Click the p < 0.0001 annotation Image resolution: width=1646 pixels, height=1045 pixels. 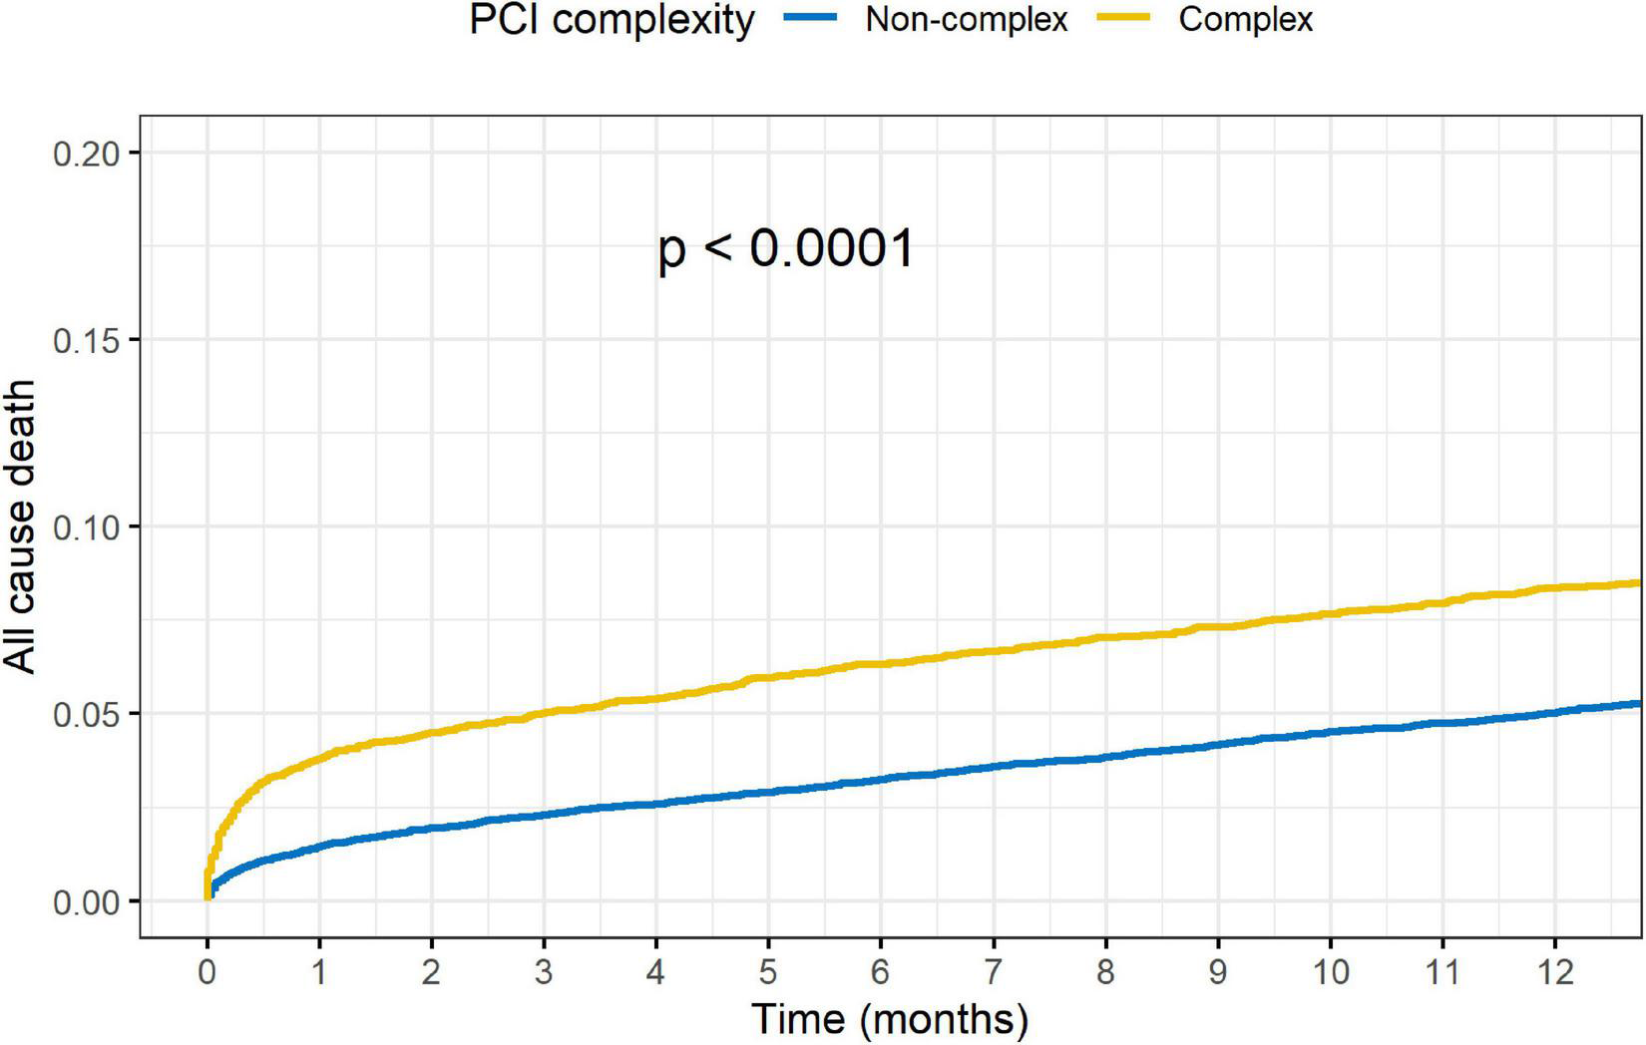click(x=786, y=249)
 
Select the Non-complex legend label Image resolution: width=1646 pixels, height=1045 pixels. click(x=966, y=20)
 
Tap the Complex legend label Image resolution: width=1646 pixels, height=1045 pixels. click(x=1245, y=20)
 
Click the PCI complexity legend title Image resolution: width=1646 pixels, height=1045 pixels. click(x=612, y=20)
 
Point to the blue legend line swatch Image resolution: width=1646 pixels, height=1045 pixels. click(x=810, y=19)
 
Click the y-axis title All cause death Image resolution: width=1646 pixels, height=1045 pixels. click(x=20, y=526)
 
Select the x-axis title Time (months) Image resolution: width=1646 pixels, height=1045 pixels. click(x=889, y=1019)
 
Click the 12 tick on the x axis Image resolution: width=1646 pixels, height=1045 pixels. click(x=1554, y=971)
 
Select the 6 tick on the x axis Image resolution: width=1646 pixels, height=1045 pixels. click(x=881, y=971)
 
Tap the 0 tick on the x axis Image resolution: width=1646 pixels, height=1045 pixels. click(x=206, y=971)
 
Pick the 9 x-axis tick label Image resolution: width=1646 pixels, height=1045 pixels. click(x=1218, y=971)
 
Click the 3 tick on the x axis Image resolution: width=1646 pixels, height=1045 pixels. click(x=544, y=971)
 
